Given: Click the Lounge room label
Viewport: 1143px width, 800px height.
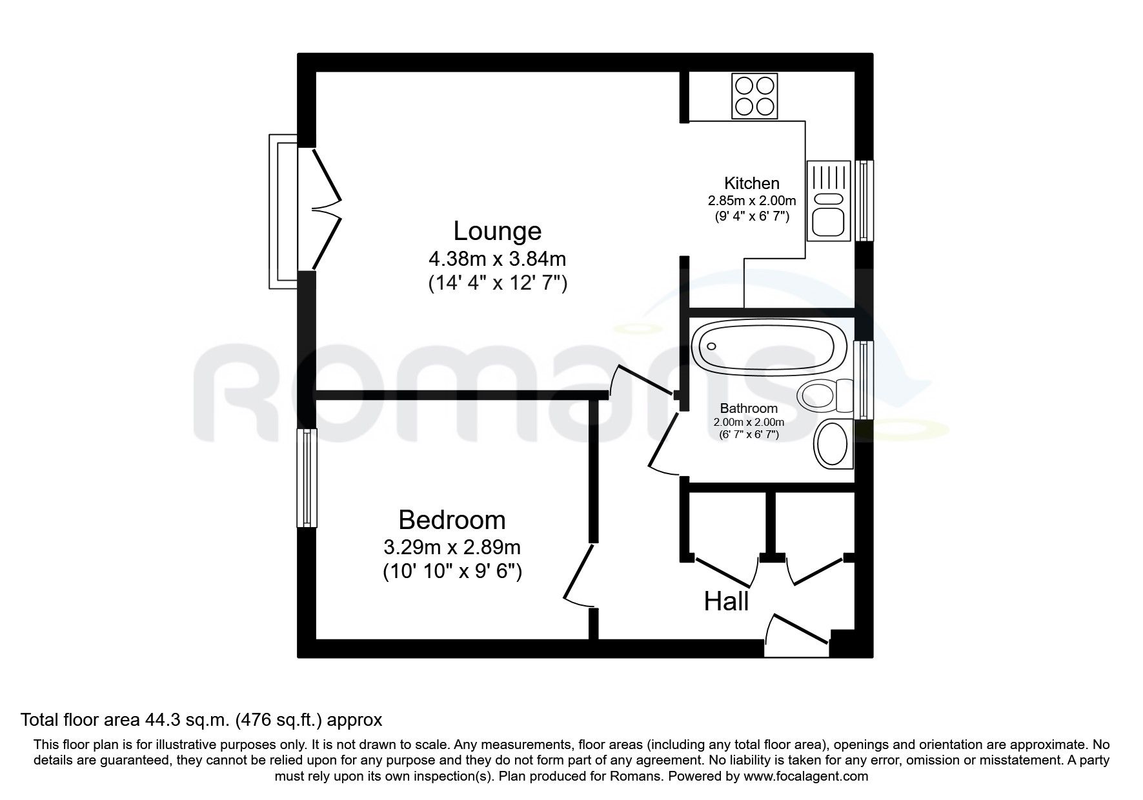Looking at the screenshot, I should (x=497, y=231).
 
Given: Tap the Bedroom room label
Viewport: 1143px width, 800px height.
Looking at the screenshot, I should (x=452, y=520).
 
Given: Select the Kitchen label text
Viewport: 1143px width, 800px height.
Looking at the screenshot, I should (x=751, y=183).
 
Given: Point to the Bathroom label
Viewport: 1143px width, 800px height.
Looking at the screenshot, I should (x=749, y=408).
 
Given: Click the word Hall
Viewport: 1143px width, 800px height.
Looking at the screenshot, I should (x=726, y=601).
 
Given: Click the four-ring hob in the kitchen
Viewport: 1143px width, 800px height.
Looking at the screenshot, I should (x=754, y=96).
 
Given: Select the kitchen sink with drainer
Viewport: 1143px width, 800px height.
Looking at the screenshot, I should (x=829, y=201).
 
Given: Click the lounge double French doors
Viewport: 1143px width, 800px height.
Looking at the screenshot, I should (x=326, y=209).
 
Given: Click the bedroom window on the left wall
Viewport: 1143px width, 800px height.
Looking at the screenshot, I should (x=307, y=478).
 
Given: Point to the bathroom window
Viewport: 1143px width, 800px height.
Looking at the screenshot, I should (x=862, y=381).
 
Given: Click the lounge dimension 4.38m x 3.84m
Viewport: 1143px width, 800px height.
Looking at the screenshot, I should (x=497, y=259).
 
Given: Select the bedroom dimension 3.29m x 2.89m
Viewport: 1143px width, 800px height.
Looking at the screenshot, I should (x=452, y=548).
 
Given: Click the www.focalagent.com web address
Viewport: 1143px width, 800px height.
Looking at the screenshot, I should (x=805, y=776).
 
